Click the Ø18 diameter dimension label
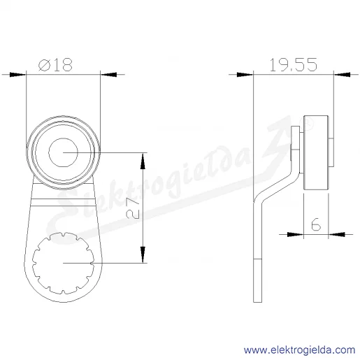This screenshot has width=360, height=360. click(x=55, y=64)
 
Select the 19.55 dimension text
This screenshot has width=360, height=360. click(x=293, y=64)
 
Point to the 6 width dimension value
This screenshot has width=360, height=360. click(x=316, y=224)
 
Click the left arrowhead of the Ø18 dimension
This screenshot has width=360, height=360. click(x=17, y=75)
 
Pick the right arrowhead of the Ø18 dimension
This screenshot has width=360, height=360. click(x=108, y=75)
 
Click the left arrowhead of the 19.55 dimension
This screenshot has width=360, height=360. click(x=245, y=75)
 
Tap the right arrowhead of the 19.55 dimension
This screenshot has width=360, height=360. click(x=342, y=75)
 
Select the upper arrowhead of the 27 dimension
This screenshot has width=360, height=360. click(x=143, y=161)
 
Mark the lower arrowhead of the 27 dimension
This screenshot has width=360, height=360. click(x=143, y=254)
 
